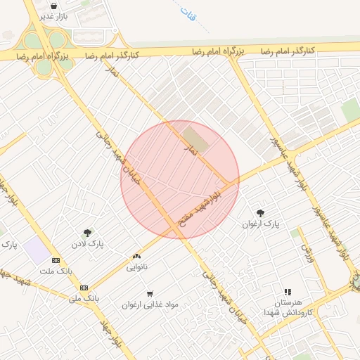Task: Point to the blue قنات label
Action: pos(189,15)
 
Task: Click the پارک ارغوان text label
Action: pos(261,224)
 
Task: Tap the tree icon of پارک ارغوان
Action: pos(261,213)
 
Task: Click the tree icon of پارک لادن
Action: pos(88,233)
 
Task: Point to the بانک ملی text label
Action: pos(84,298)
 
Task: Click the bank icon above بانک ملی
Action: pos(84,288)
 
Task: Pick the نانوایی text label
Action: pos(137,267)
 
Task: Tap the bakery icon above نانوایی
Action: pos(137,257)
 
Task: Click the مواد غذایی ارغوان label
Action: pos(150,304)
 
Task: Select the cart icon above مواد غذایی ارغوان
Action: pos(150,294)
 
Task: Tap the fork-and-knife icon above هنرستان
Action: pos(287,292)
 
